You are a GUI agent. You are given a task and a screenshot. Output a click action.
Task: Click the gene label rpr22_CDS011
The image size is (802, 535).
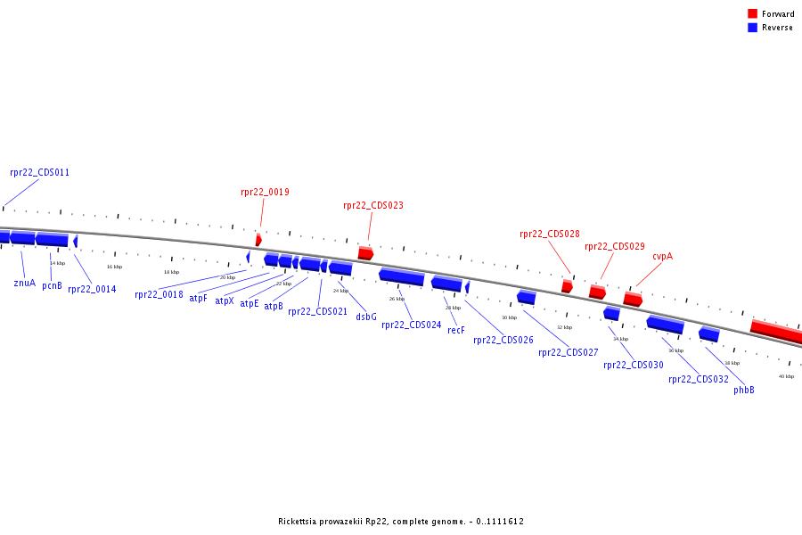coord(39,172)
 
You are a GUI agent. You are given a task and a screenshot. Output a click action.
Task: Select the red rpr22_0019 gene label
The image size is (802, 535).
coord(265,192)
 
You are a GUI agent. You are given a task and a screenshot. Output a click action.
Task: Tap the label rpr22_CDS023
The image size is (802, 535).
coord(372,205)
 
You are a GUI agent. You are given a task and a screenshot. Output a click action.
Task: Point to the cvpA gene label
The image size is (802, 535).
coord(662,256)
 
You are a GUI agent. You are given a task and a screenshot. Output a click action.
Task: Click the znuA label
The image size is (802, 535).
coord(25,283)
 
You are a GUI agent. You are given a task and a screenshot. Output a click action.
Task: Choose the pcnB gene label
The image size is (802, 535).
coord(53,285)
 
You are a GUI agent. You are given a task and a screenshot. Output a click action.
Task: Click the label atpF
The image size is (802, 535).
coord(198,298)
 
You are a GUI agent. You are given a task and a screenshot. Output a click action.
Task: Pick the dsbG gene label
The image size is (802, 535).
coord(366,317)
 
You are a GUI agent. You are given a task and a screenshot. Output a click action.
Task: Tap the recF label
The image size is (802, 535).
coord(456,330)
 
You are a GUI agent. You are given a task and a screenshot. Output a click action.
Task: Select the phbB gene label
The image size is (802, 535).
coord(744,390)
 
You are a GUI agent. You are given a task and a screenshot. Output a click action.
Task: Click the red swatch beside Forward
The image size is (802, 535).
coord(752,14)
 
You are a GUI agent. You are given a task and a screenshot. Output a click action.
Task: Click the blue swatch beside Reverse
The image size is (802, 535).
coord(752,28)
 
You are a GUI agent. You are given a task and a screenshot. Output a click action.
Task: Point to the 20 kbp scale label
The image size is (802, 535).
coord(227,277)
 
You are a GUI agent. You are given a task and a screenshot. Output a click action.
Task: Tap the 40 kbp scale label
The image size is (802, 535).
coord(786,376)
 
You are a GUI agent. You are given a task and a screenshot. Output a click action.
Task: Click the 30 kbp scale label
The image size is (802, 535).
coord(509,317)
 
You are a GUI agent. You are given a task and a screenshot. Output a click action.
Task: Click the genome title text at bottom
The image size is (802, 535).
coord(400,522)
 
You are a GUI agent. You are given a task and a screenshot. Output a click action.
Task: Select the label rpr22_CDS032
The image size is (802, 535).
coord(699,379)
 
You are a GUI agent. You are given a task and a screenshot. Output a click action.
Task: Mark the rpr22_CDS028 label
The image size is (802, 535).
coord(550,234)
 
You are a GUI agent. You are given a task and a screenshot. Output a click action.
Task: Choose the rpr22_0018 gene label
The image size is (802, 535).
coord(159,294)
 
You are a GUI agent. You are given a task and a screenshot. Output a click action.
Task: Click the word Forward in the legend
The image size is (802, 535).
coord(778,14)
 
